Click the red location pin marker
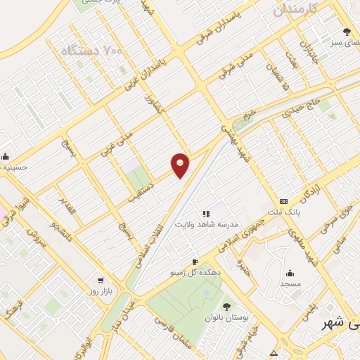[x=181, y=164]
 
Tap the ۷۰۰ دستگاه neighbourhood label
[x=88, y=51]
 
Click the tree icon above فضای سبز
[x=347, y=31]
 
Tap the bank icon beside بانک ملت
[x=283, y=200]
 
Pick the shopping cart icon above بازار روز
[x=101, y=280]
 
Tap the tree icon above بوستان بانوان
[x=226, y=306]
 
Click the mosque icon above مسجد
[x=289, y=273]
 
